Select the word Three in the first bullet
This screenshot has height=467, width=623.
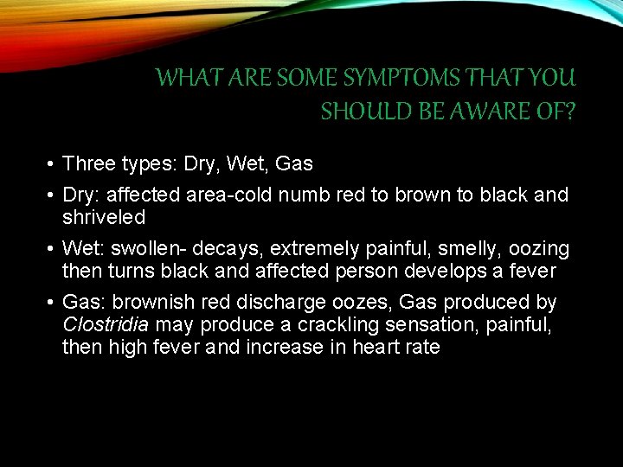pyautogui.click(x=89, y=163)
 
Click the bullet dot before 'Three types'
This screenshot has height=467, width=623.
pyautogui.click(x=52, y=163)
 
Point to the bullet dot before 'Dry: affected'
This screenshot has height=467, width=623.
pyautogui.click(x=52, y=195)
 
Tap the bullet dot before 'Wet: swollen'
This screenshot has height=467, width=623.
pyautogui.click(x=52, y=250)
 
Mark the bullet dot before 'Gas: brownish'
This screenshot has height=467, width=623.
pyautogui.click(x=52, y=304)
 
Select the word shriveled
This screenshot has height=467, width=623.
pyautogui.click(x=104, y=216)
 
